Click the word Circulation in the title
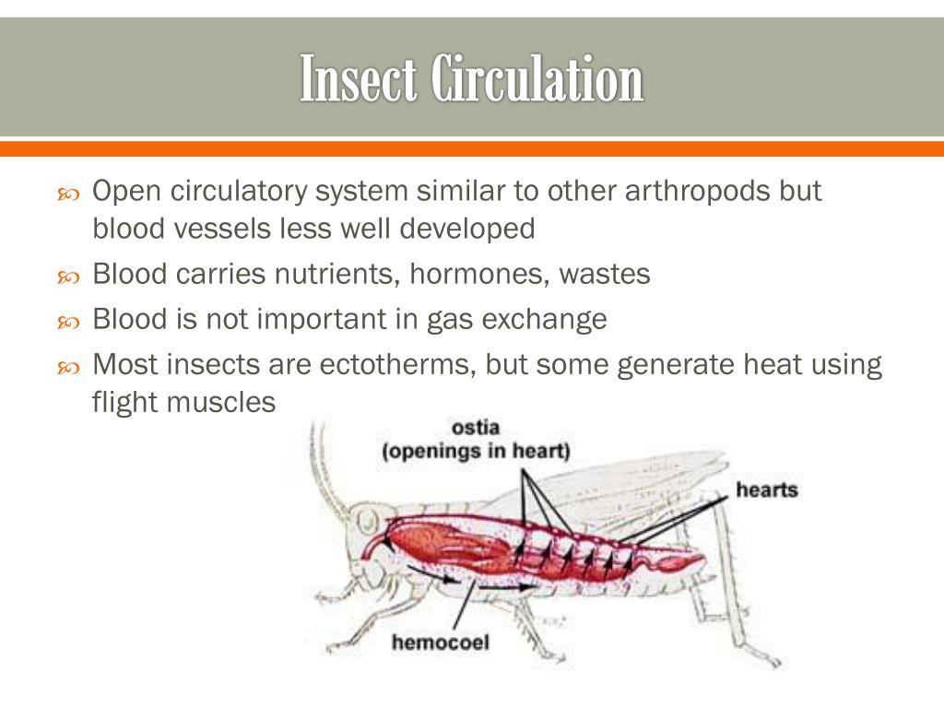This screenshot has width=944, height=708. coord(537,79)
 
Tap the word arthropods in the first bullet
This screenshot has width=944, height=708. coord(698,192)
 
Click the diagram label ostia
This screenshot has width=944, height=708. coord(476,429)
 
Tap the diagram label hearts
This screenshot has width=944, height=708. coord(766,490)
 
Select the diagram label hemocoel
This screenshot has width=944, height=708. coord(441,643)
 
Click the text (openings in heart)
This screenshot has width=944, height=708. coord(477,452)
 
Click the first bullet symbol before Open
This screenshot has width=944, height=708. coord(69,195)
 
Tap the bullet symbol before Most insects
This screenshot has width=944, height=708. coord(69,368)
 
